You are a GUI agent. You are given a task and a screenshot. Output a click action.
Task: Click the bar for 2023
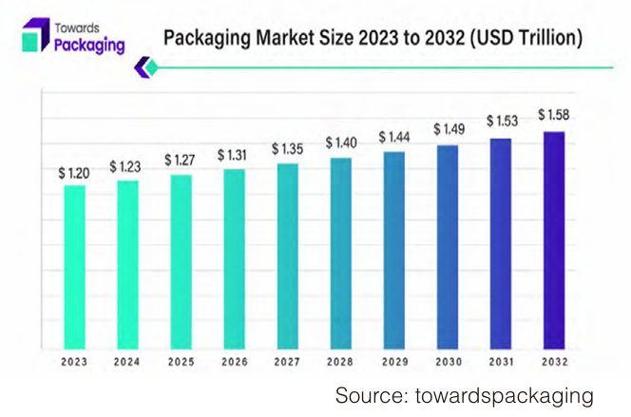74,266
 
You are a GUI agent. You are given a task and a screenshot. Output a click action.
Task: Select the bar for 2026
234,258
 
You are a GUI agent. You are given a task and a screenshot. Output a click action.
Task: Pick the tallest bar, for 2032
553,239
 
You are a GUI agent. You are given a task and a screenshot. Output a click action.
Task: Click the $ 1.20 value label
73,173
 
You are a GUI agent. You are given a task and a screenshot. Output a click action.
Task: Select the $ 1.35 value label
287,149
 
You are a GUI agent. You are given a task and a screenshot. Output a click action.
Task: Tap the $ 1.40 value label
340,142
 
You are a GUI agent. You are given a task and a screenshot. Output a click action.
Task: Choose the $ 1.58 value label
554,115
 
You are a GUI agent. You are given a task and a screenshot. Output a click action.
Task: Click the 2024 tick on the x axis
127,362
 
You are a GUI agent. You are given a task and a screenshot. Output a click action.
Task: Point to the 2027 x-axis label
287,362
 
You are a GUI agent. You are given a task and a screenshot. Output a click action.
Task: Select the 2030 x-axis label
447,362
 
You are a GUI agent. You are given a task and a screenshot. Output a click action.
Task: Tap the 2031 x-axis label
500,362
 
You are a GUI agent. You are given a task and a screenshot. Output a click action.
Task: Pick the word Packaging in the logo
89,45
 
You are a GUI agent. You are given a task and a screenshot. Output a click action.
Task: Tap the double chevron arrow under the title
144,66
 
